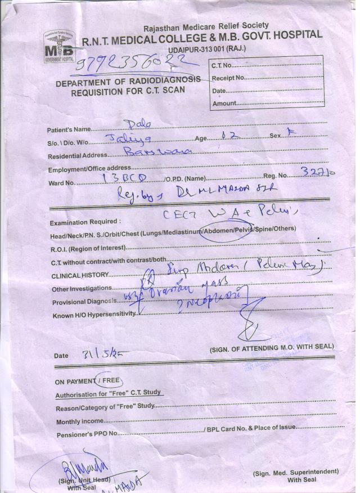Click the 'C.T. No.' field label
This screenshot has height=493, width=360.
point(222,66)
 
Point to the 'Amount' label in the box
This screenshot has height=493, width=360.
point(224,103)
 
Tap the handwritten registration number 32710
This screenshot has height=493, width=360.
point(318,174)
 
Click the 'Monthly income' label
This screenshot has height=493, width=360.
point(79,421)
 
